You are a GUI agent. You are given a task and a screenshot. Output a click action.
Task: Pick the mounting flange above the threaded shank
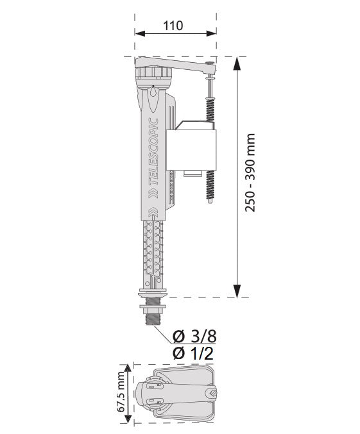[152, 296]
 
